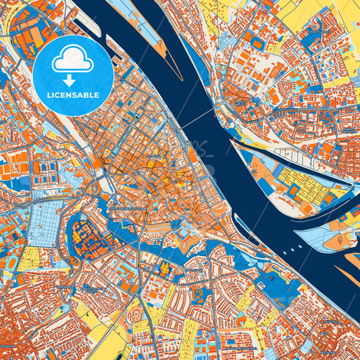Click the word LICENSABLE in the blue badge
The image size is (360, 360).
tap(73, 95)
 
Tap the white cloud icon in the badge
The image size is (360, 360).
tap(73, 61)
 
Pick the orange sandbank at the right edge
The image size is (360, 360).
tap(353, 260)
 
